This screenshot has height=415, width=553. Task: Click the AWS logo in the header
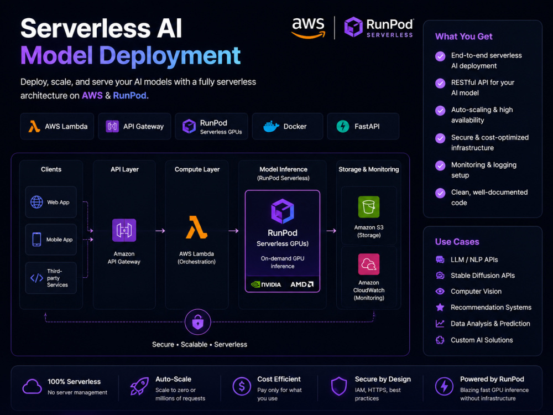308,28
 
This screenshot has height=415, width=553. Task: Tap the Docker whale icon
271,126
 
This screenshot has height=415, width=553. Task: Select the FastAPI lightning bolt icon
342,126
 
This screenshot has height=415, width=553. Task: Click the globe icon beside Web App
36,202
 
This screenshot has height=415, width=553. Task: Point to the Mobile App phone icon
36,239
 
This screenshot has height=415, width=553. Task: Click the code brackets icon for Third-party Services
36,278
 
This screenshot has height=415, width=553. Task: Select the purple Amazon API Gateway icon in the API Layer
124,230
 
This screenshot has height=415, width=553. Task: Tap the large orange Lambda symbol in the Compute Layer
196,227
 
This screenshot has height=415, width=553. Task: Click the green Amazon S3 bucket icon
369,207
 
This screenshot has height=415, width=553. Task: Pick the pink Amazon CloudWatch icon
369,264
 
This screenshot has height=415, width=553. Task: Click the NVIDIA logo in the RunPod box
266,284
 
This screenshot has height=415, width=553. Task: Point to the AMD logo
302,284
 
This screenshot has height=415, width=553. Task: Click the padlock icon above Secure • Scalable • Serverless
198,322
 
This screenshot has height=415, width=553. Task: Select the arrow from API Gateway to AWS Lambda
160,231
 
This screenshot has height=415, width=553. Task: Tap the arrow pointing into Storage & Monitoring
331,231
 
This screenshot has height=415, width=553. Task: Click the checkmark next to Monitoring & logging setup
440,165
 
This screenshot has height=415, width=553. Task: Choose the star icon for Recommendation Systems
440,307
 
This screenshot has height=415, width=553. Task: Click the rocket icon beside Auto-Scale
139,386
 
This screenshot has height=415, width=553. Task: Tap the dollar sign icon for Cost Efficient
242,386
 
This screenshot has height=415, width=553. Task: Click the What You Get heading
464,37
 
